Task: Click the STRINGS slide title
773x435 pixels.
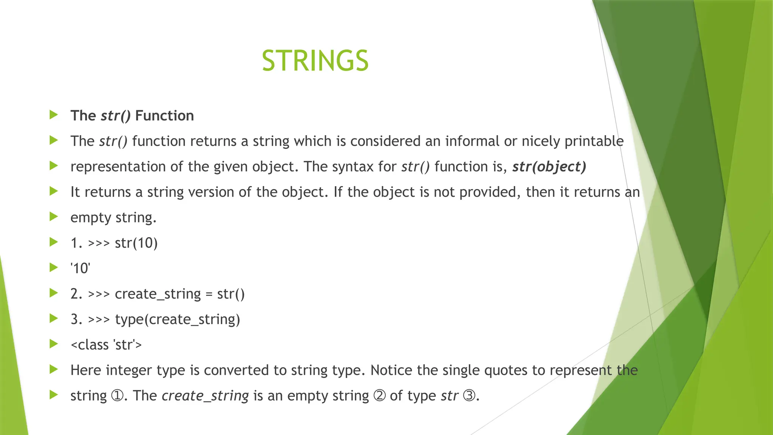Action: click(x=315, y=61)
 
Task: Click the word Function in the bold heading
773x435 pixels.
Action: click(x=164, y=116)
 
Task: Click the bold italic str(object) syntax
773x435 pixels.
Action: click(x=549, y=167)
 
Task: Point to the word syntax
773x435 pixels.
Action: click(x=353, y=167)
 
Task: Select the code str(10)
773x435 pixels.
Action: click(x=136, y=243)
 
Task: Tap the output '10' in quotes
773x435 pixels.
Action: click(x=80, y=268)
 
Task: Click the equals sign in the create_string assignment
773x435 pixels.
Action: click(x=209, y=294)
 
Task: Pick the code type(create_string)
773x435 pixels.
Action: click(x=177, y=319)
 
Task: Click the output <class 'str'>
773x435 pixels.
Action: click(x=106, y=345)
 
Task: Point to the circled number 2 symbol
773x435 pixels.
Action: click(x=379, y=396)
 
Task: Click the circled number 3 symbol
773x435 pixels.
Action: click(x=469, y=396)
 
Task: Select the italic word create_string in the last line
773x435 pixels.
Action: click(x=205, y=396)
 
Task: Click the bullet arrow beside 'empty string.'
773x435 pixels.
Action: click(x=54, y=217)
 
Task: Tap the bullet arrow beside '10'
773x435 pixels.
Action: click(x=54, y=268)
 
